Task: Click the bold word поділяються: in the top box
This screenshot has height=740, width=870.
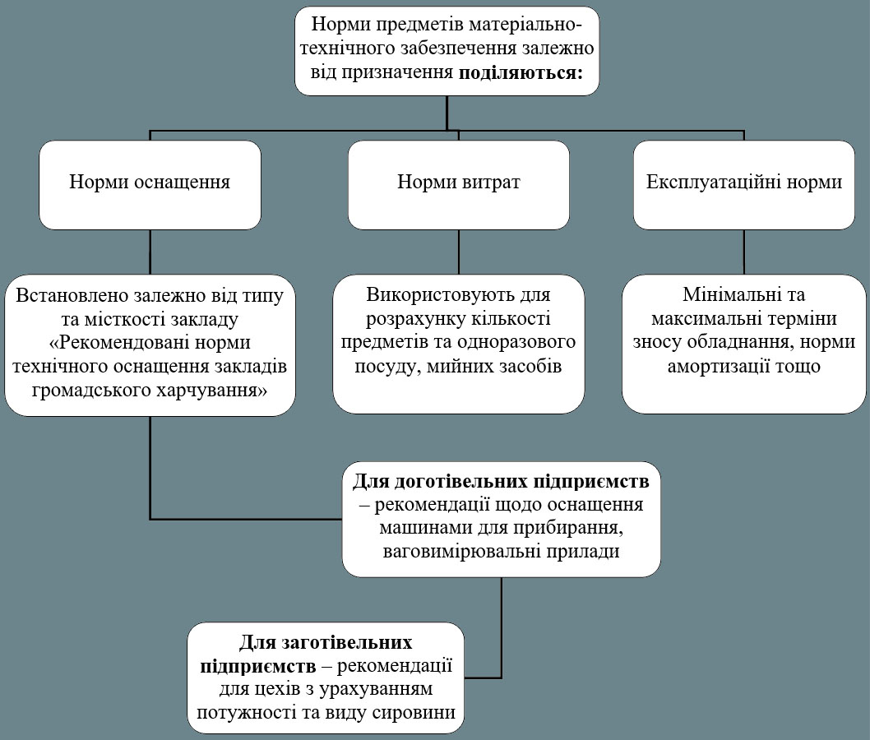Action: coord(521,72)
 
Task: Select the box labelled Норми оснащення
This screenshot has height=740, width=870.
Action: coord(150,183)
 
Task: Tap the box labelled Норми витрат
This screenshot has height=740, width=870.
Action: coord(458,183)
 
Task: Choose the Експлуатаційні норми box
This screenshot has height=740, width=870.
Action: coord(744,183)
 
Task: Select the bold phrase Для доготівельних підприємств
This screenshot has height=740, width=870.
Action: coord(502,480)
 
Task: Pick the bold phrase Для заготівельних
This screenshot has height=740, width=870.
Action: coord(326,641)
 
